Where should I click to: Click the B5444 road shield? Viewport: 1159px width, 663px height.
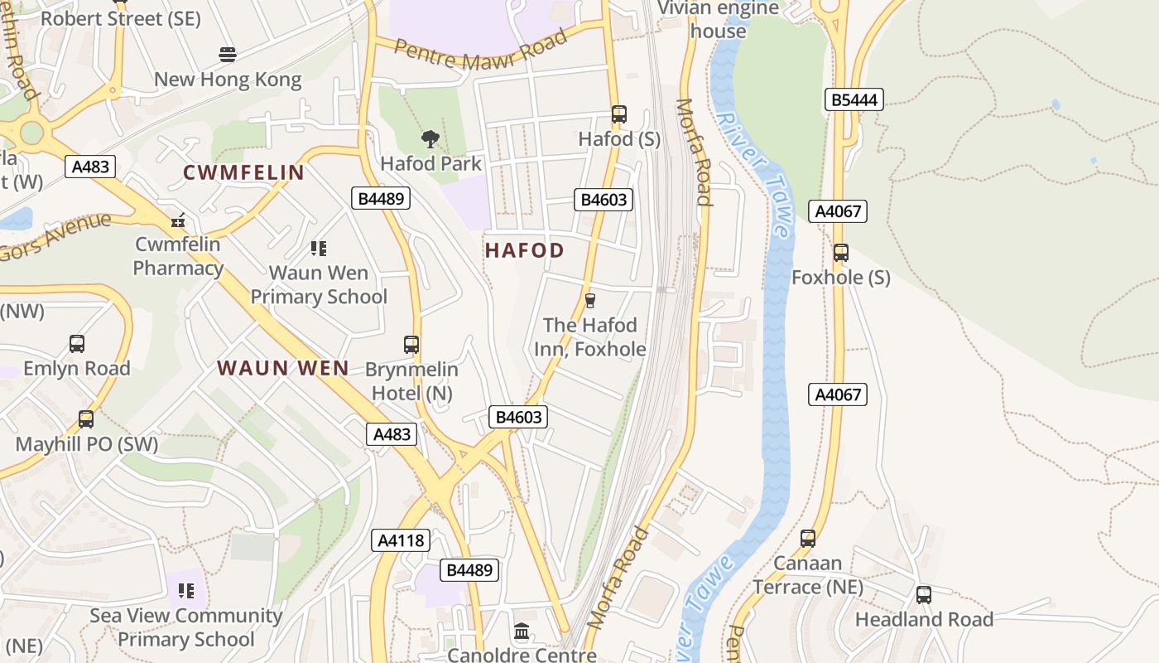coord(854,100)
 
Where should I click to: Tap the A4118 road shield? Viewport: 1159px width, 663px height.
coord(401,540)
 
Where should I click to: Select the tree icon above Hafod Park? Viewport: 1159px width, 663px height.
coord(430,138)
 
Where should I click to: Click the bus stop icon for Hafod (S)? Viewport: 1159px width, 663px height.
coord(618,114)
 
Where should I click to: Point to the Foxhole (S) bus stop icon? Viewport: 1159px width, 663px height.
coord(840,253)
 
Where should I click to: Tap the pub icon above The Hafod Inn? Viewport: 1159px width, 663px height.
coord(589,300)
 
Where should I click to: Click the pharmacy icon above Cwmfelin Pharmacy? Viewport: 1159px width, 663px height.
coord(177,220)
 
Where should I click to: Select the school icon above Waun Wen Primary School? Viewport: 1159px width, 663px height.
coord(318,248)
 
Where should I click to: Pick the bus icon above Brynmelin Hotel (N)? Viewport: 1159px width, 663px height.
coord(411,344)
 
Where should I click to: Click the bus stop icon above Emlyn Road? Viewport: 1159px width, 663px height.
coord(77,343)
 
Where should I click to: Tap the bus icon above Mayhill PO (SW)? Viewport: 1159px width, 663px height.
coord(86,419)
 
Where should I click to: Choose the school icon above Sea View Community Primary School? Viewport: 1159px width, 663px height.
coord(186,591)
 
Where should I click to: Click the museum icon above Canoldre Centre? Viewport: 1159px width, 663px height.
coord(522,632)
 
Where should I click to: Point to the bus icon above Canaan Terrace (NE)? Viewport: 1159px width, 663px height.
coord(807,539)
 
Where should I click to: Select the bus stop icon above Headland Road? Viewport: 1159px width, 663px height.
coord(923,594)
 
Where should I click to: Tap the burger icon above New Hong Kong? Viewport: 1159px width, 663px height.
coord(228,55)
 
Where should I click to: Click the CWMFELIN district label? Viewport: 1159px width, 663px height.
coord(243,172)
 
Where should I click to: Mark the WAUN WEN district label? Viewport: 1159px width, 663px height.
coord(282,368)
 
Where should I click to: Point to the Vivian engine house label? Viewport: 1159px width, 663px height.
coord(718,19)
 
